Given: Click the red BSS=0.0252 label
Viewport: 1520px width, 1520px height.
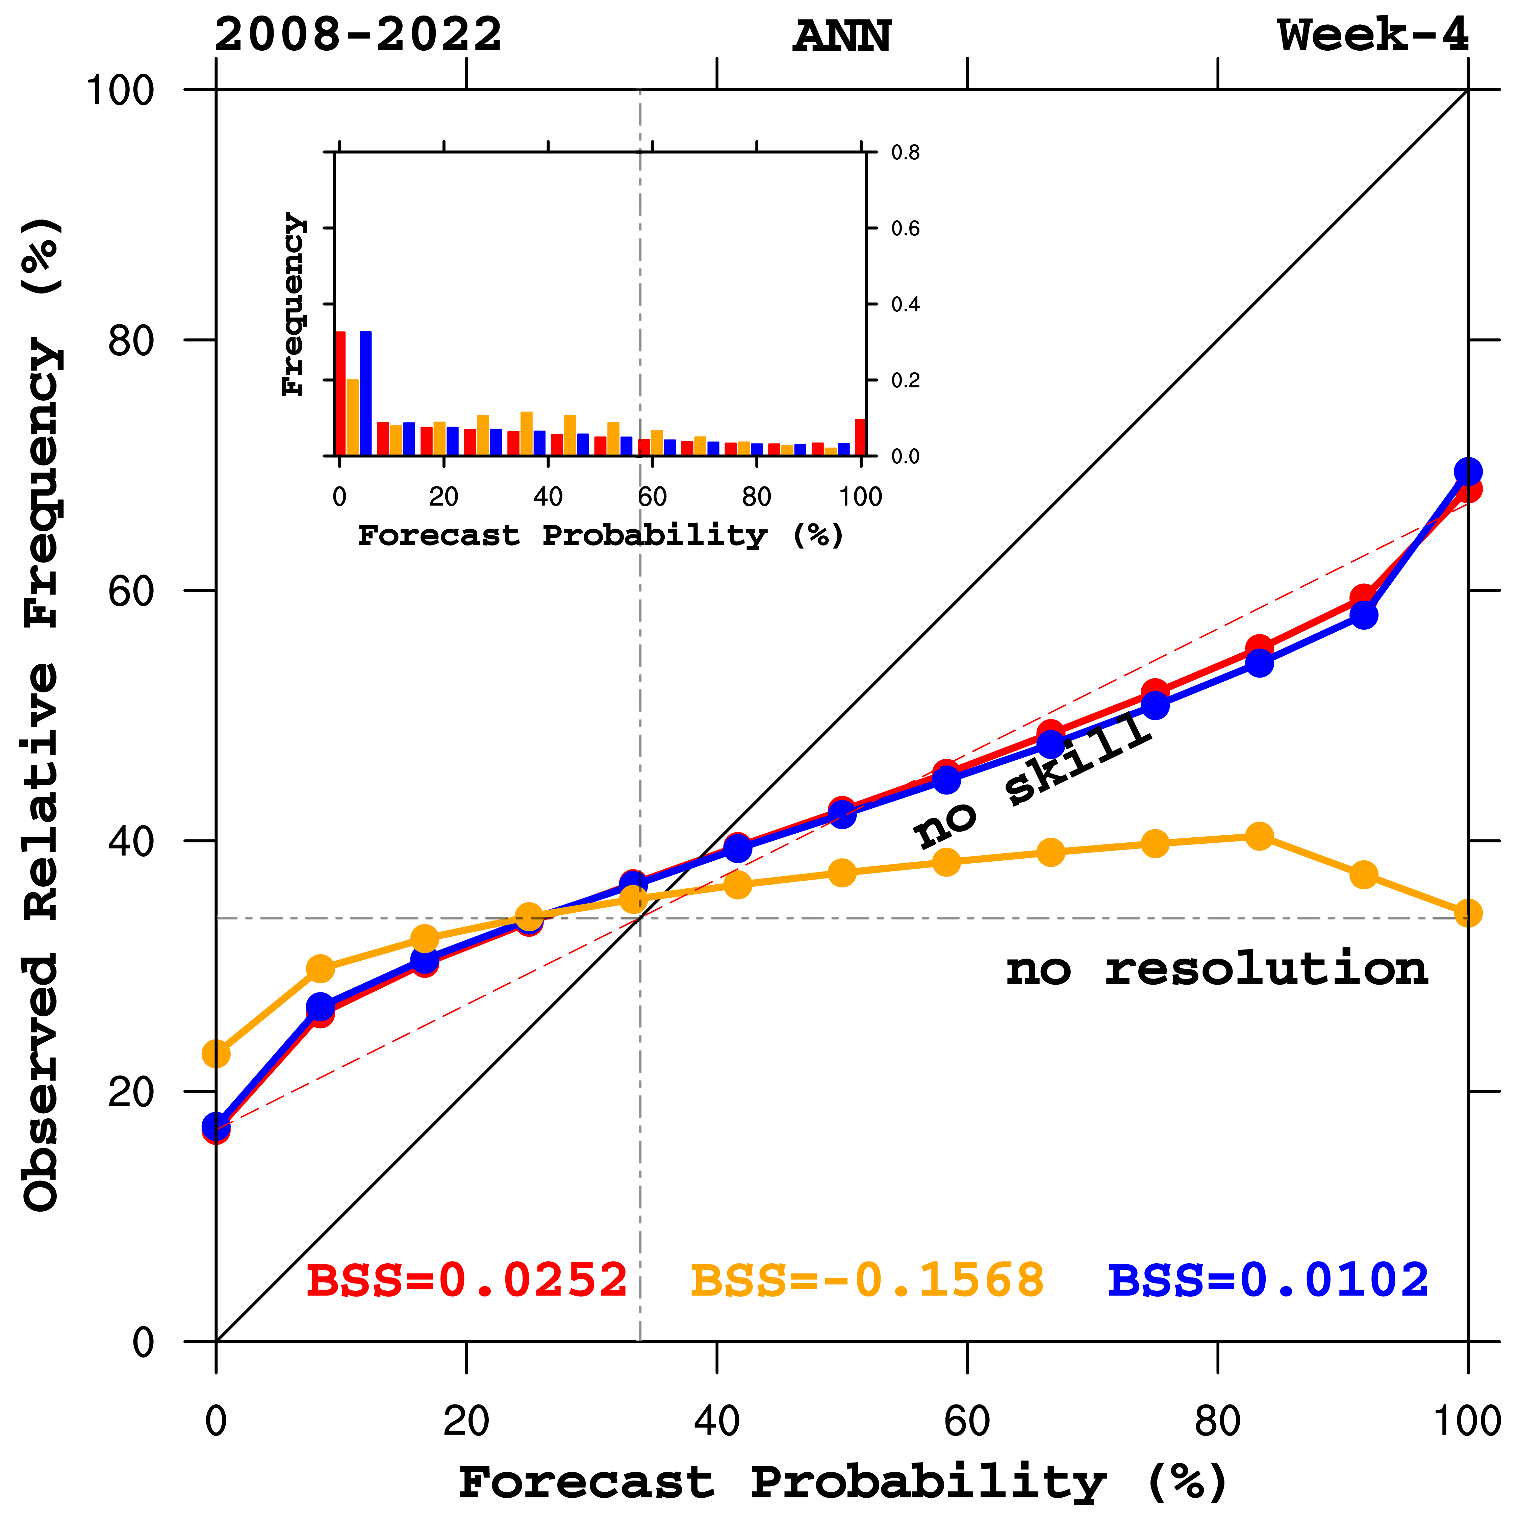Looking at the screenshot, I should point(466,1280).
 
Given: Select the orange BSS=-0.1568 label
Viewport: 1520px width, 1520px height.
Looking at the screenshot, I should point(867,1280).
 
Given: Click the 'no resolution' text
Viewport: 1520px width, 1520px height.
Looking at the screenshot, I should point(1216,969).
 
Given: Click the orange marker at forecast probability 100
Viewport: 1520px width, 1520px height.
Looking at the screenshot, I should point(1468,913).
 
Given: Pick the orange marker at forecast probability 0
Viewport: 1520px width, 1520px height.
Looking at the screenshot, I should point(217,1054).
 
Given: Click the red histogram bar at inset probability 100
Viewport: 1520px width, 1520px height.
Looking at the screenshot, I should point(861,437).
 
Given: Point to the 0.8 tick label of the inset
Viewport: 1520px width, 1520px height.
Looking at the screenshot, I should point(905,153).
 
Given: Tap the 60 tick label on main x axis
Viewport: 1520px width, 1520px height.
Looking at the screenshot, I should point(967,1421).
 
